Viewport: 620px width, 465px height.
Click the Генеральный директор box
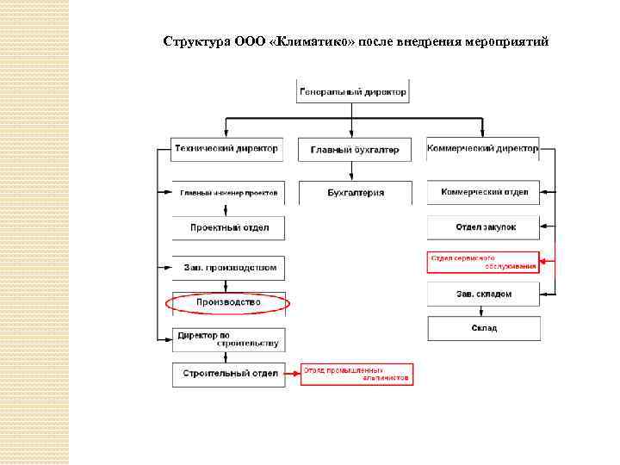pyautogui.click(x=353, y=90)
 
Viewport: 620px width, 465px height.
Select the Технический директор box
pyautogui.click(x=227, y=148)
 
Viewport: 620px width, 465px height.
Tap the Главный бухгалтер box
pyautogui.click(x=354, y=149)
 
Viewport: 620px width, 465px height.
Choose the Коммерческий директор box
pyautogui.click(x=483, y=148)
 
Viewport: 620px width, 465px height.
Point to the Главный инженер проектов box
pyautogui.click(x=228, y=192)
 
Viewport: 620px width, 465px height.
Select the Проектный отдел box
pyautogui.click(x=229, y=227)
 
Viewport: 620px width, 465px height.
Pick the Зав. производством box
pyautogui.click(x=228, y=268)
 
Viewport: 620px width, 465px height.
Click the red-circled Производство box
pyautogui.click(x=228, y=303)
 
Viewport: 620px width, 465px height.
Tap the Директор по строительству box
pyautogui.click(x=227, y=339)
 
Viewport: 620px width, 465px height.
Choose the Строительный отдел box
pyautogui.click(x=228, y=374)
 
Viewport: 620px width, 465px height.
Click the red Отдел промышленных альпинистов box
pyautogui.click(x=356, y=374)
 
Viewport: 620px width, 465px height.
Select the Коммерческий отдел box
pyautogui.click(x=484, y=192)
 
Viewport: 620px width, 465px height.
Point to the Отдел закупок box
pyautogui.click(x=484, y=227)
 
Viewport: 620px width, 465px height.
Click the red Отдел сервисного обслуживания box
pyautogui.click(x=483, y=262)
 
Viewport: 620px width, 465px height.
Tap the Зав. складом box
pyautogui.click(x=484, y=294)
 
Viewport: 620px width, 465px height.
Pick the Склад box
pyautogui.click(x=484, y=328)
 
